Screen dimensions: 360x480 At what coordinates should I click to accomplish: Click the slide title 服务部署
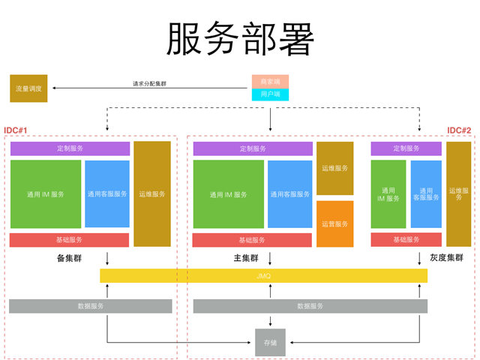pos(239,38)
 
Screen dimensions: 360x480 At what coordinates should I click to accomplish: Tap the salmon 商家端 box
pos(270,81)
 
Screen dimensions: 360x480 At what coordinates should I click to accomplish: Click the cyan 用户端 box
pos(270,94)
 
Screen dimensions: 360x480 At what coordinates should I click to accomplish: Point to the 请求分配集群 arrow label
pos(149,83)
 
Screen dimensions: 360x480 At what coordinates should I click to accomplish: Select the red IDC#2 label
pos(459,130)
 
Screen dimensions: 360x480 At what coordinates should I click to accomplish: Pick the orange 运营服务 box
pos(334,223)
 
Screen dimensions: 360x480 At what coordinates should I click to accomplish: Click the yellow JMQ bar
pos(263,276)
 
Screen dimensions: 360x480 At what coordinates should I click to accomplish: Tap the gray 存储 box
pos(270,342)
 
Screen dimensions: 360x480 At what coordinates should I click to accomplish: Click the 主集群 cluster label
pos(245,258)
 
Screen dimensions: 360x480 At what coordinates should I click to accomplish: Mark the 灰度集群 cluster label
pos(446,258)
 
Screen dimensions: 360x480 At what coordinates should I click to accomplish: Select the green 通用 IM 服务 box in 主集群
pos(229,194)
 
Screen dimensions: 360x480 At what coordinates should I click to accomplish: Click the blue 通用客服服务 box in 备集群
pos(107,193)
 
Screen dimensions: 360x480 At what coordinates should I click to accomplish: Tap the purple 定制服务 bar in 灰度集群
pos(406,149)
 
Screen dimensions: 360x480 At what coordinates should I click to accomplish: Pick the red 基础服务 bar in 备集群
pos(70,240)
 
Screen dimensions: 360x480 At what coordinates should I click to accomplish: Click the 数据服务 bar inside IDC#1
pos(91,306)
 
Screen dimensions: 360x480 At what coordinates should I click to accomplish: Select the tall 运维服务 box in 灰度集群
pos(458,193)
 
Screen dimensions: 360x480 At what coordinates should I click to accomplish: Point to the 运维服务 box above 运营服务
pos(334,168)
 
